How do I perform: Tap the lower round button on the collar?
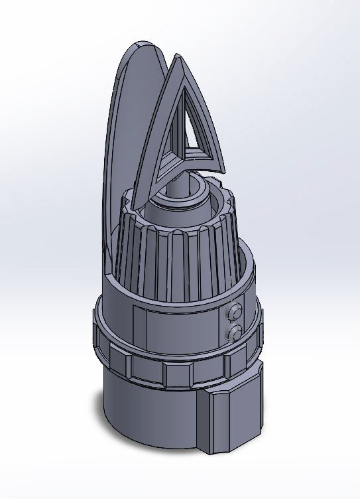tap(233, 331)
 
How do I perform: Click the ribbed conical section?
tap(172, 259)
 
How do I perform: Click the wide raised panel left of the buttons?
tap(176, 328)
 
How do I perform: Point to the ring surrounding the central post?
tap(199, 199)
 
